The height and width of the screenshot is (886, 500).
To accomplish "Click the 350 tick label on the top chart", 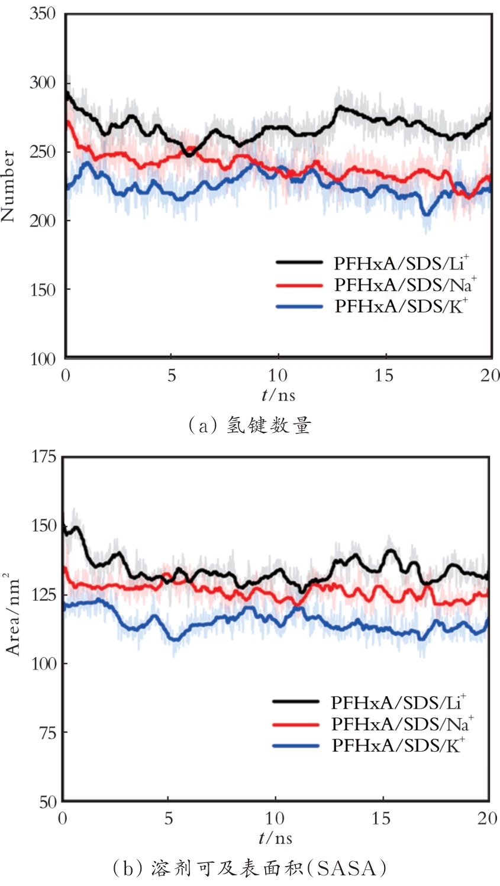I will click(x=42, y=14).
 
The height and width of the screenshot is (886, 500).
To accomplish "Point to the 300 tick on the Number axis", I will click(x=42, y=82).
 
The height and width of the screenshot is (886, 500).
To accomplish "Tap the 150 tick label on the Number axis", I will click(x=42, y=290).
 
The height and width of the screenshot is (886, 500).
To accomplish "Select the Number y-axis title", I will click(x=8, y=186).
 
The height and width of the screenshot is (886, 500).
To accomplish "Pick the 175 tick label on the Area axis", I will click(x=42, y=457).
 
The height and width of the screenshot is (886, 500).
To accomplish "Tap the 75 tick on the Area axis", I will click(x=46, y=733).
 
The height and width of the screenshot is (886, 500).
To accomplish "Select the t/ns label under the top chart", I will click(x=278, y=395).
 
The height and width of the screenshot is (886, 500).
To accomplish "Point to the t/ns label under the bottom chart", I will click(x=275, y=838).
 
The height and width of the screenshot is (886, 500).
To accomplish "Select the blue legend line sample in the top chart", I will click(x=299, y=306).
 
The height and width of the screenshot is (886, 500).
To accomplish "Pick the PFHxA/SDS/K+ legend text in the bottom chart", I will click(x=398, y=745).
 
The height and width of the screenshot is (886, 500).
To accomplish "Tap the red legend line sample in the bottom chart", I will click(x=296, y=724).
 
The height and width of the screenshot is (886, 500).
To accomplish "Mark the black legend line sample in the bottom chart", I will click(x=296, y=702).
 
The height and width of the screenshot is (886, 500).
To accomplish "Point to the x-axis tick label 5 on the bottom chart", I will click(x=169, y=819).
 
